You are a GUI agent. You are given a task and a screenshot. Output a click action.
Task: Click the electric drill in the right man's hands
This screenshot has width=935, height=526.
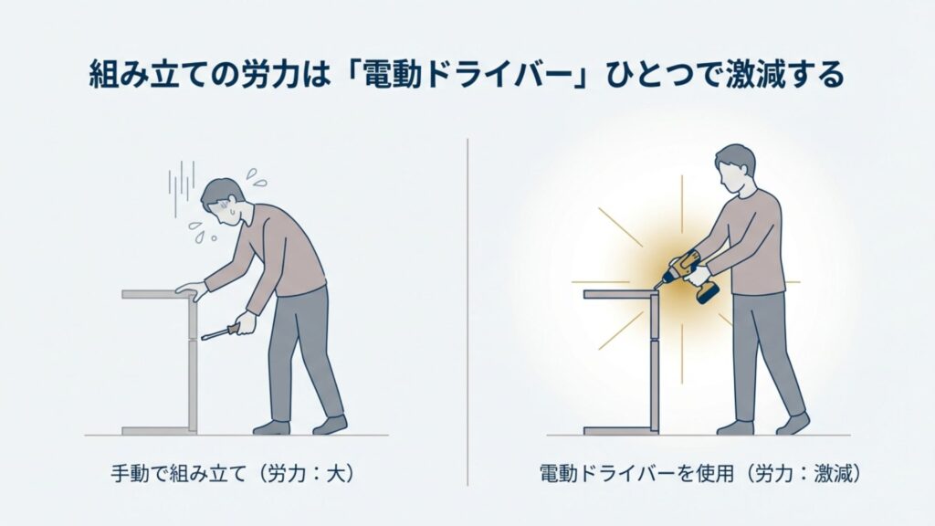click(x=686, y=271)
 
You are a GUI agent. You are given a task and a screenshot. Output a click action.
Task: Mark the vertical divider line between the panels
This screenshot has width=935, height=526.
click(x=467, y=310)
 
